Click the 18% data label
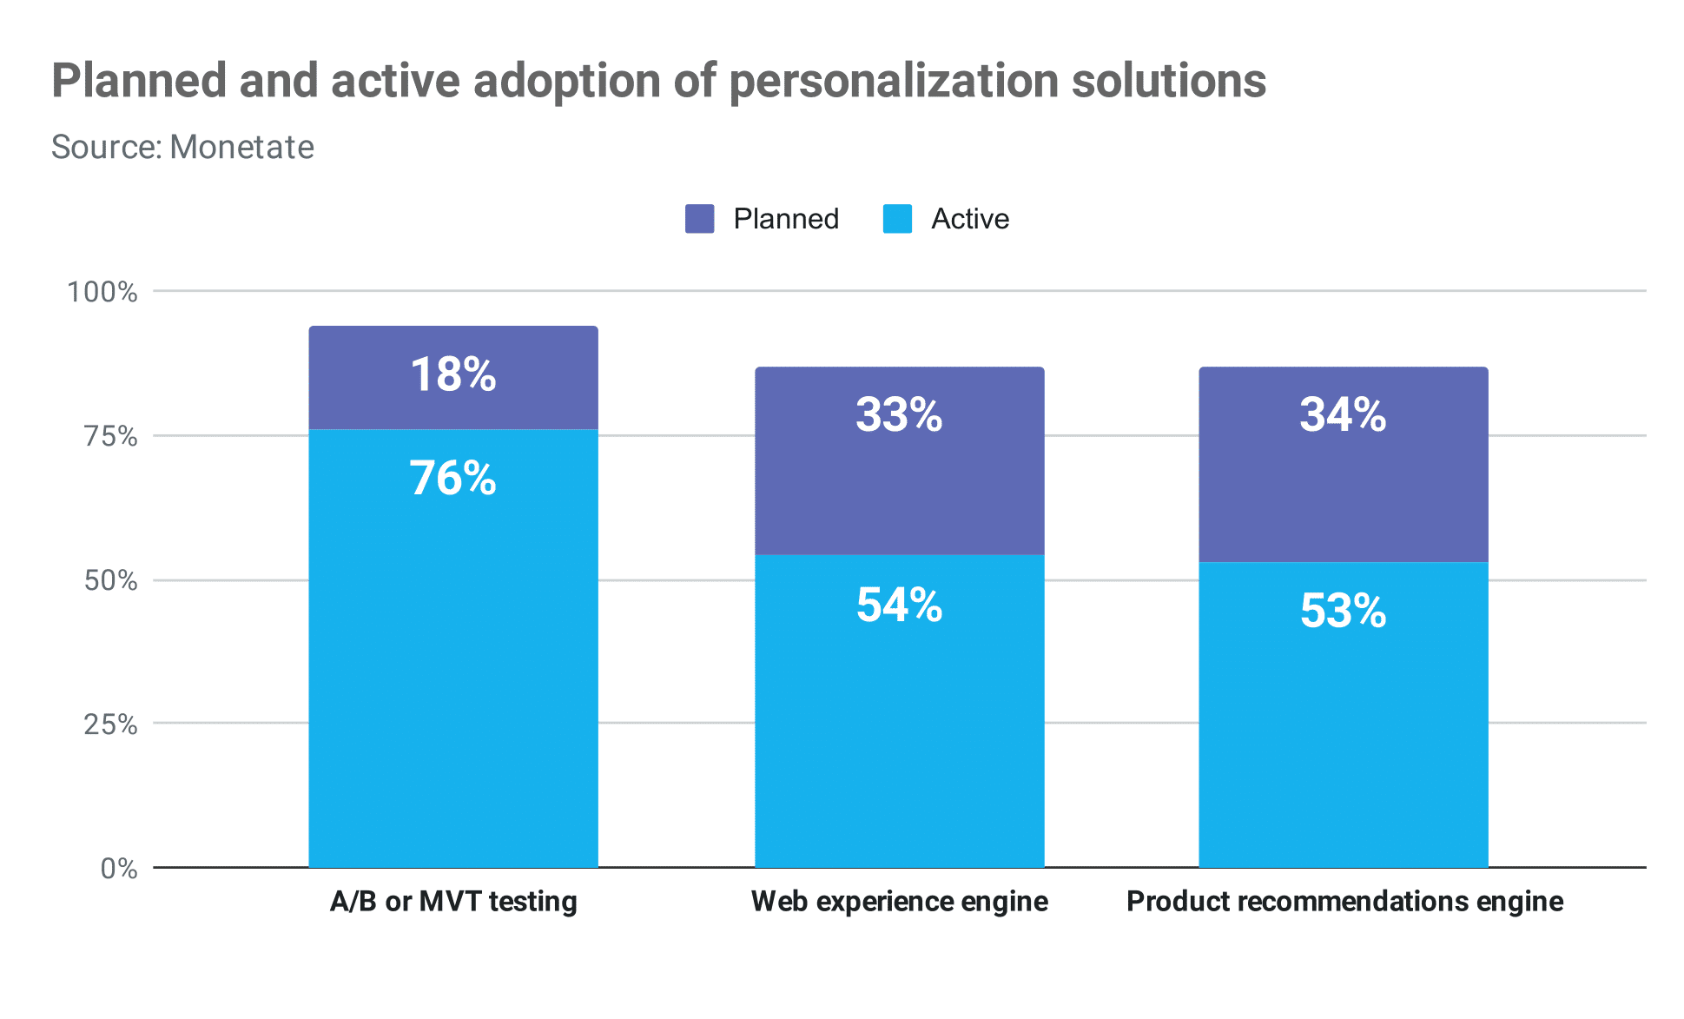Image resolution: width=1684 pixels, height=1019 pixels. [453, 375]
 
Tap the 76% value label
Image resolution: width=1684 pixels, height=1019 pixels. [453, 479]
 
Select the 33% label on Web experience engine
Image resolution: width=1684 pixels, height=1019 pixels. [899, 414]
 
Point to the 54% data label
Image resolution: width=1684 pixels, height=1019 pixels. [899, 605]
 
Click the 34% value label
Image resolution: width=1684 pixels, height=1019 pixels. [1343, 414]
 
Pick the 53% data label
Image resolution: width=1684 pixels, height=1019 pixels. [1343, 611]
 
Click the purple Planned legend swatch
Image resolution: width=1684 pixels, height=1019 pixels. [699, 219]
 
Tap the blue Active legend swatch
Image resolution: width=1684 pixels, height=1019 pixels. [897, 219]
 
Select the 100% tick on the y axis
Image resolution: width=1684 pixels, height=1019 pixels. [102, 292]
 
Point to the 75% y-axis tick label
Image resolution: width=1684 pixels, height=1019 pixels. [110, 436]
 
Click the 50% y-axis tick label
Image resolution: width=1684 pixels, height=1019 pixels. [110, 580]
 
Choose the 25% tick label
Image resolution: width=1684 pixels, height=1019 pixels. [110, 724]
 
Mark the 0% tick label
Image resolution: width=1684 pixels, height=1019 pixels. [119, 868]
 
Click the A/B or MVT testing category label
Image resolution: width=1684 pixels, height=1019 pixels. [453, 902]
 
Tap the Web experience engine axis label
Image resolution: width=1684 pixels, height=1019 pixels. [899, 902]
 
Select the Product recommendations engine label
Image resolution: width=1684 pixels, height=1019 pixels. [1344, 902]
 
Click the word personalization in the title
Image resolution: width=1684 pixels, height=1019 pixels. [893, 82]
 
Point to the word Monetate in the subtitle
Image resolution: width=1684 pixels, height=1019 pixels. [242, 148]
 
